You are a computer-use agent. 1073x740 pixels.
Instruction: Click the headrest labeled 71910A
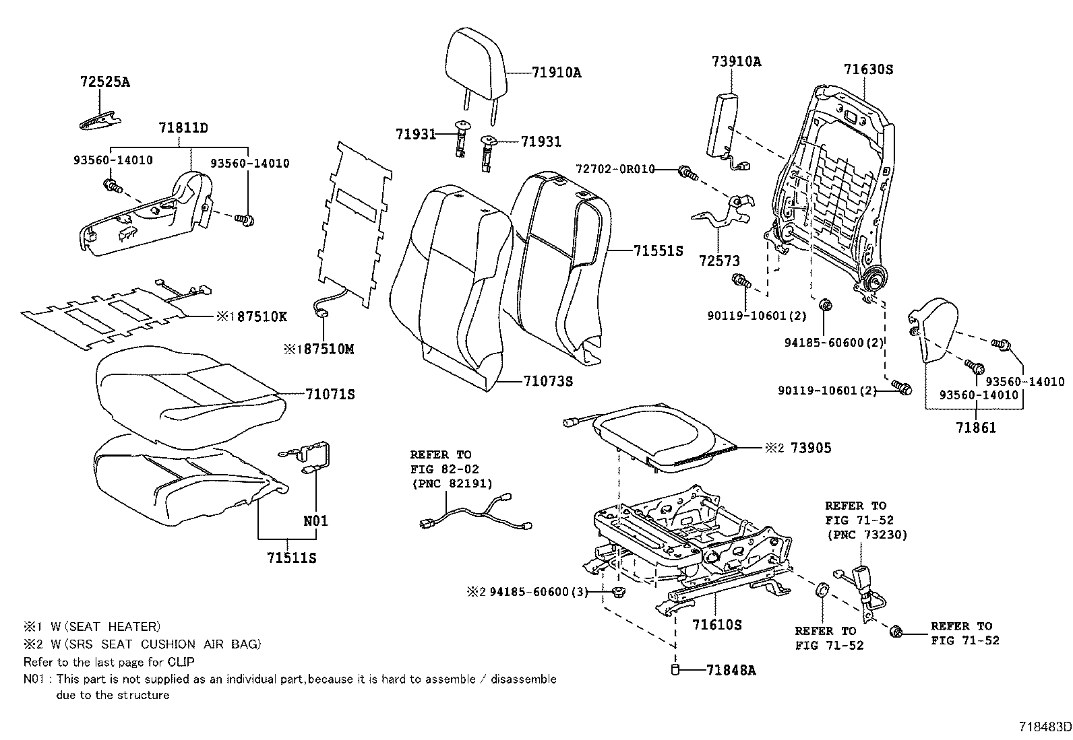pyautogui.click(x=476, y=64)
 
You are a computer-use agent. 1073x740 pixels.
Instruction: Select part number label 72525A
pyautogui.click(x=104, y=82)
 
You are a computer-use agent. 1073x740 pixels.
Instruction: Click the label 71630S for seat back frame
pyautogui.click(x=868, y=69)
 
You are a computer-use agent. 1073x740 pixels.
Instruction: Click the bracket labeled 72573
pyautogui.click(x=721, y=215)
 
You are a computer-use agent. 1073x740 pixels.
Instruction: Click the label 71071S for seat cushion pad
pyautogui.click(x=330, y=394)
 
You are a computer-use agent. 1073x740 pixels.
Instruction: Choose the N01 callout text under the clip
pyautogui.click(x=315, y=520)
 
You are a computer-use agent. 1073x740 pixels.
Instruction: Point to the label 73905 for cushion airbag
pyautogui.click(x=810, y=448)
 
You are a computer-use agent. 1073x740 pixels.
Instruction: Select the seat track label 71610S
pyautogui.click(x=716, y=625)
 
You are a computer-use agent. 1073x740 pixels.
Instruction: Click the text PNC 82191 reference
pyautogui.click(x=452, y=483)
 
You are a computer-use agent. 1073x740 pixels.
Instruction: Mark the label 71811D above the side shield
pyautogui.click(x=183, y=127)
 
